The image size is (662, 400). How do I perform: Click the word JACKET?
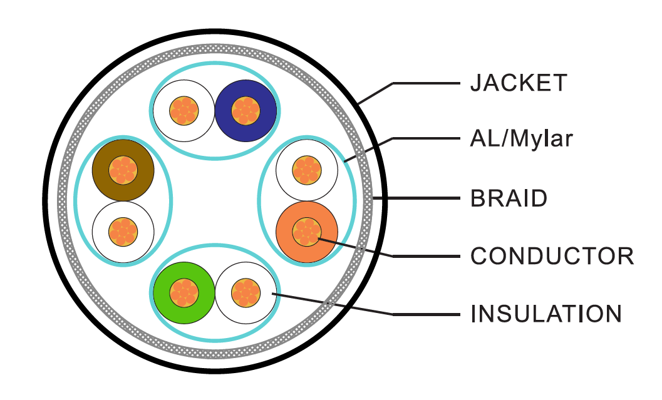[519, 83]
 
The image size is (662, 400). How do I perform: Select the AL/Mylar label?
[521, 139]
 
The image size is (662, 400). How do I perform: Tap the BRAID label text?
[509, 199]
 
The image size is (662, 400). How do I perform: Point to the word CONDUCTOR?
[552, 256]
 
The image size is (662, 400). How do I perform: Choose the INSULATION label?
[546, 314]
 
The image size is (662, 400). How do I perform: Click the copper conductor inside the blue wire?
[246, 110]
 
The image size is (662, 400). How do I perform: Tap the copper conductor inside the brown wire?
[123, 170]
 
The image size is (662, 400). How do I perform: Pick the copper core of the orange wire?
[306, 232]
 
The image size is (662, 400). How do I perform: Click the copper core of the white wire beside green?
[245, 292]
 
